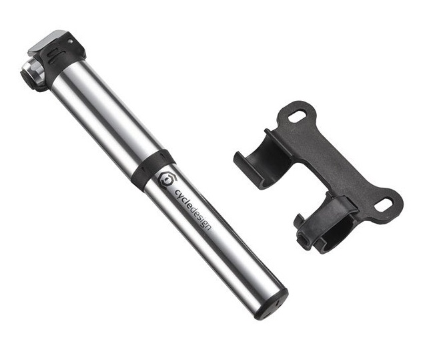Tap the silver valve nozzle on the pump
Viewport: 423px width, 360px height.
(34, 73)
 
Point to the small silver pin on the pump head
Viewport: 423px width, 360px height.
(70, 41)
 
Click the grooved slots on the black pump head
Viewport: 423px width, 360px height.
(53, 55)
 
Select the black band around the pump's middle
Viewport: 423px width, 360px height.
(153, 168)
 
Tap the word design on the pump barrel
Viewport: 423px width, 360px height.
(201, 219)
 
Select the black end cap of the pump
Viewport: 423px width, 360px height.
(272, 305)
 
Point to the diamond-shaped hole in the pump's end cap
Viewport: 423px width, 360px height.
(278, 303)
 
